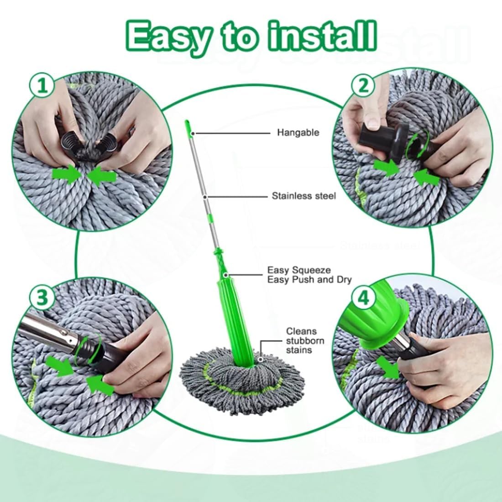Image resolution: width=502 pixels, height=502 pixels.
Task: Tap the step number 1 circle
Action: point(42,86)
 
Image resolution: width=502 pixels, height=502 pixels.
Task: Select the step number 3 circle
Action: point(42,297)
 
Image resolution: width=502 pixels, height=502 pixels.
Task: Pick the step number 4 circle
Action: point(364,298)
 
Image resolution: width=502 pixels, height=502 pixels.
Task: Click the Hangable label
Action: point(298,133)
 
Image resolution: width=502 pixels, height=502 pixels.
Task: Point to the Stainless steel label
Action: point(303,196)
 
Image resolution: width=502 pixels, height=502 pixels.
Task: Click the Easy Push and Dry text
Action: point(309,280)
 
